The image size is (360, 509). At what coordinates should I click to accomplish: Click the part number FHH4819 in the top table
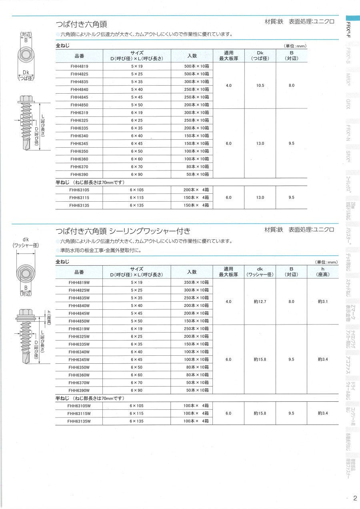[79, 66]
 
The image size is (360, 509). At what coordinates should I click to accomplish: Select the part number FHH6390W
[79, 390]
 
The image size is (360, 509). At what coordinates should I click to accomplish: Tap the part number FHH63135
[79, 205]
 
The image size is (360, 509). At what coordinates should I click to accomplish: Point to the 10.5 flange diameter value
[260, 85]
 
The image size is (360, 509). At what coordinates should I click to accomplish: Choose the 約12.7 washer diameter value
[260, 301]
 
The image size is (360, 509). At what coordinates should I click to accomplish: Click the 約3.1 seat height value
[323, 301]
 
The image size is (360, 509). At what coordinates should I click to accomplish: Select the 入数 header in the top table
[192, 56]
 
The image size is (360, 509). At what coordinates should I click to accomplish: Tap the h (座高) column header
[322, 272]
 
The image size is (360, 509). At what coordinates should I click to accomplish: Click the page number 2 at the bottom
[355, 498]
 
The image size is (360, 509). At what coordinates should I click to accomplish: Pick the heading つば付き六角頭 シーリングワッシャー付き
[123, 231]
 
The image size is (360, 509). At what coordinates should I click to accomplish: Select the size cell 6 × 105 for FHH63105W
[137, 406]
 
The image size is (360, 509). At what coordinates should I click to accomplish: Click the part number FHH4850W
[79, 321]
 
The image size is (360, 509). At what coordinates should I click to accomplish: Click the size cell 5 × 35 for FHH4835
[137, 82]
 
